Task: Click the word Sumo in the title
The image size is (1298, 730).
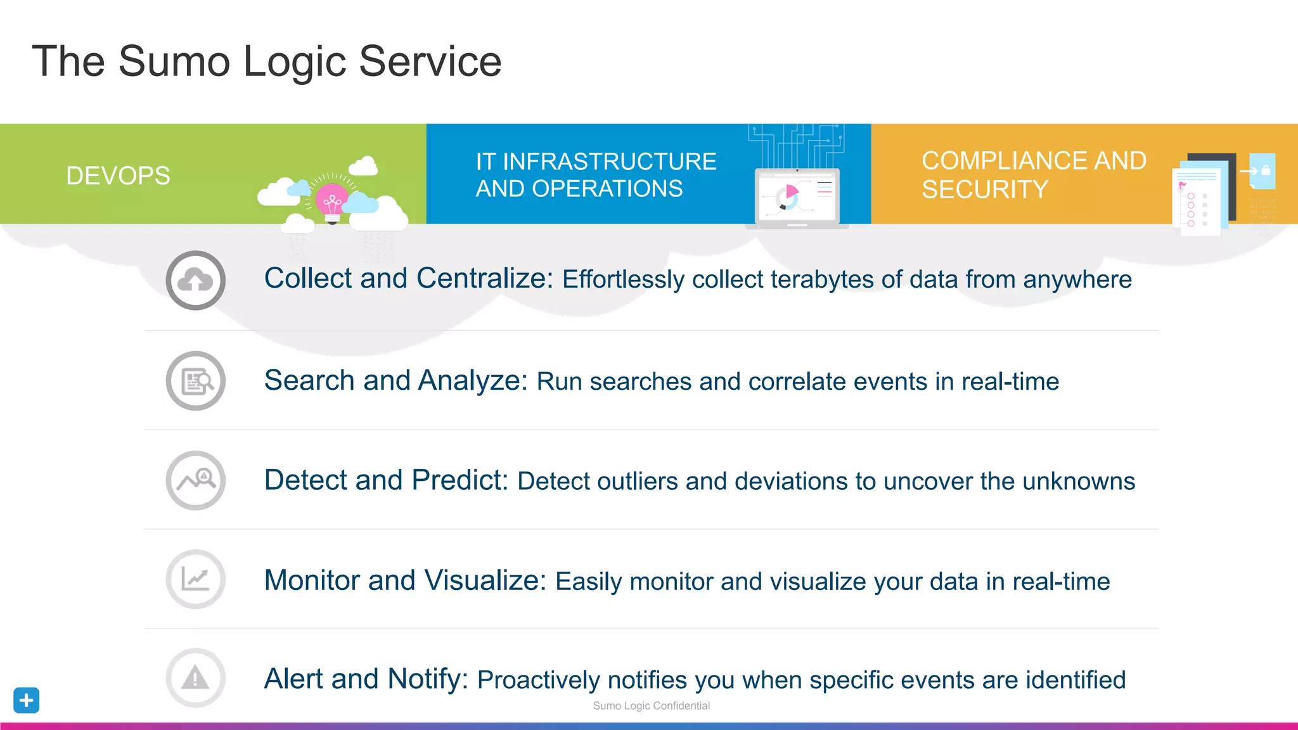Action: (x=174, y=61)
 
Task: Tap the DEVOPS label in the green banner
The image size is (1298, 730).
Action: (x=118, y=176)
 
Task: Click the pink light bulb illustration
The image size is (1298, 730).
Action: (x=332, y=202)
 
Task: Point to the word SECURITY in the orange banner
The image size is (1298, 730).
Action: (x=984, y=189)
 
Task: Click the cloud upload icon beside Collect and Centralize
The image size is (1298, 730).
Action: (x=195, y=280)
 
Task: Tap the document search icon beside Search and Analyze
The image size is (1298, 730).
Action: (x=195, y=381)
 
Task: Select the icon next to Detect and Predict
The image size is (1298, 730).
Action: (x=195, y=480)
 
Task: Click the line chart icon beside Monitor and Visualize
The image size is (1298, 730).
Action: (x=195, y=579)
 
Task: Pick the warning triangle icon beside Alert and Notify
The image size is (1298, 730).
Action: (x=195, y=678)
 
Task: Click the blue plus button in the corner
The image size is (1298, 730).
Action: (x=26, y=700)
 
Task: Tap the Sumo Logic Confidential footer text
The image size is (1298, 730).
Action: (x=651, y=706)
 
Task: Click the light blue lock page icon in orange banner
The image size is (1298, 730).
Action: (x=1262, y=171)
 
